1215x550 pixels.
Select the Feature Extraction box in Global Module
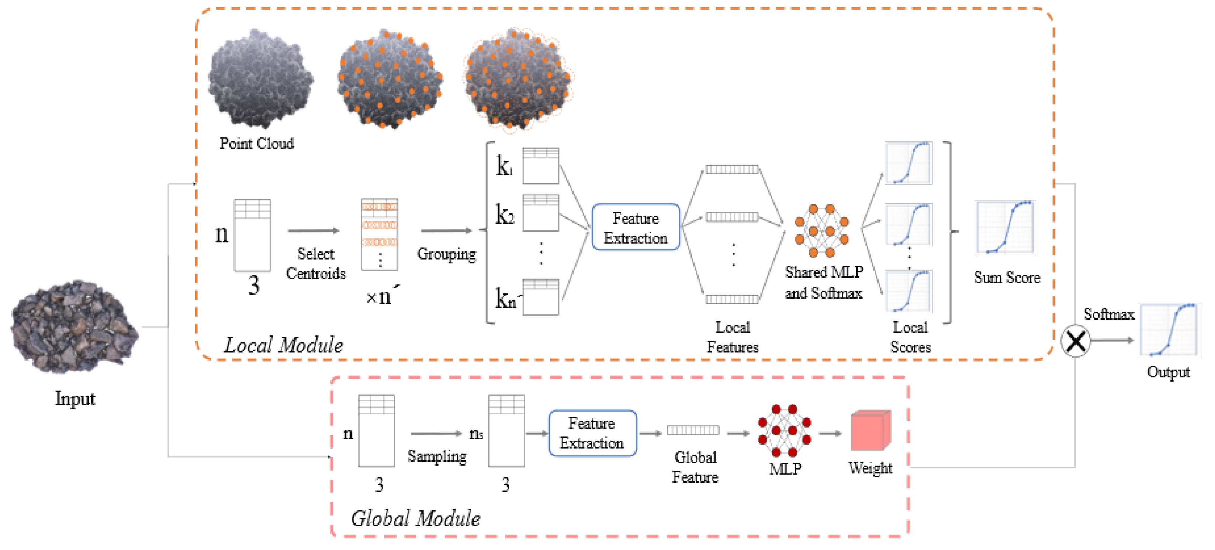[592, 433]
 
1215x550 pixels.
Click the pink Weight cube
[870, 431]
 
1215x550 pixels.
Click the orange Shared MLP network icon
[821, 230]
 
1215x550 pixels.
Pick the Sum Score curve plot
[1005, 228]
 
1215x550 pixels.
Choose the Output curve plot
[1170, 330]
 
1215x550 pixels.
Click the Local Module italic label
[283, 345]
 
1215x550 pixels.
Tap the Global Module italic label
[415, 518]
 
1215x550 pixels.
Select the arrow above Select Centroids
[314, 230]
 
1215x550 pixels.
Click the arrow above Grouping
[446, 230]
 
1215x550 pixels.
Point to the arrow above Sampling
[436, 433]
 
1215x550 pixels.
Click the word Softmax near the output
[1108, 314]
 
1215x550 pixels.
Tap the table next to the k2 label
[540, 213]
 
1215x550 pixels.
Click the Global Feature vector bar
[692, 430]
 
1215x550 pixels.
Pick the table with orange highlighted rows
[379, 234]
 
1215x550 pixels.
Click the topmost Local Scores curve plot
[908, 163]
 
